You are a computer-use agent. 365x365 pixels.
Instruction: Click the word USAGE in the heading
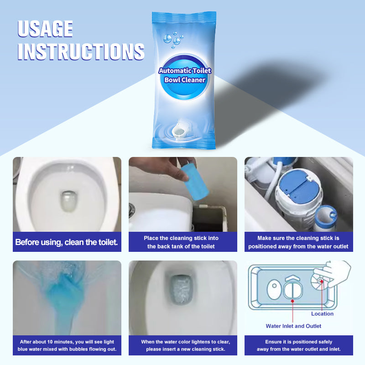45,29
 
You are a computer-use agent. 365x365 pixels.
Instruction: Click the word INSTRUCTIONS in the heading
81,52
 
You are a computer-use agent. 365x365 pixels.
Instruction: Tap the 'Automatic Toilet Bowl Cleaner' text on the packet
185,75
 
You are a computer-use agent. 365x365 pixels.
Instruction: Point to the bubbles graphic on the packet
173,40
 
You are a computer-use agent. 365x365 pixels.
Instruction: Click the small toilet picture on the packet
179,131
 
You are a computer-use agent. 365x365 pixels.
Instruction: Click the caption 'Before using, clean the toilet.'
67,242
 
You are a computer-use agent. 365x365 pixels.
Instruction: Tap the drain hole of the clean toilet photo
68,201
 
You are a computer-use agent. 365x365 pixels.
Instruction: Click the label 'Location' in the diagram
322,314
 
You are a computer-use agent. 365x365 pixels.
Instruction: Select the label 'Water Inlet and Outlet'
293,326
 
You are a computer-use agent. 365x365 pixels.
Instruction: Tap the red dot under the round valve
292,301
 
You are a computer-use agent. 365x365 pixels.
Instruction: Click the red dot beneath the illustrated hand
322,281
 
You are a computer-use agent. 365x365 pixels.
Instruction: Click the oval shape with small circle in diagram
274,289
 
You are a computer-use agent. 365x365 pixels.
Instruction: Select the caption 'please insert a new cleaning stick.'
186,349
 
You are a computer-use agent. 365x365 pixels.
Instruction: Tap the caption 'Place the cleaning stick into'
181,238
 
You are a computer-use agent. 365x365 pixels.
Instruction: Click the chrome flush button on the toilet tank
131,211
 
